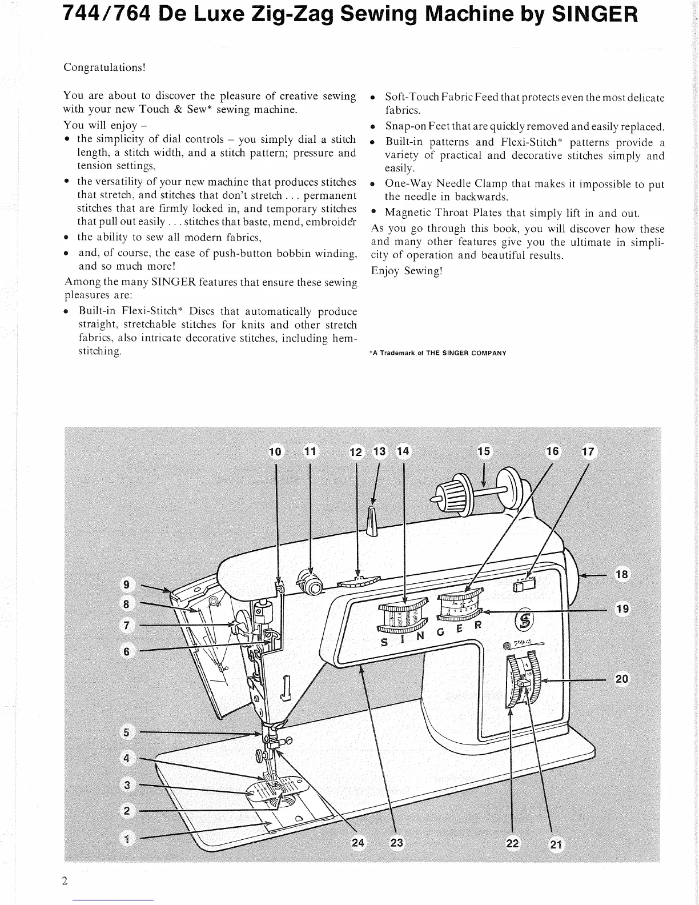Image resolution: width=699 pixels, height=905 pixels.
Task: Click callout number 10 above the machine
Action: pos(275,452)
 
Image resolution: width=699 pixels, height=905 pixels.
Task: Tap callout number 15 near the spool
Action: pos(483,451)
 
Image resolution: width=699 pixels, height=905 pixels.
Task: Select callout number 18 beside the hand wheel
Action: pos(622,574)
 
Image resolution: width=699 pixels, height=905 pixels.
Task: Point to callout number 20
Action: pos(622,679)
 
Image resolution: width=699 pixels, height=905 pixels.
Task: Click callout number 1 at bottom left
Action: pos(127,838)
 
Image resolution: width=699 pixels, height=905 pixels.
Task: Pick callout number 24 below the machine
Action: pos(357,843)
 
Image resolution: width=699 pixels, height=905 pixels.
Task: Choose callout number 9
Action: pos(127,584)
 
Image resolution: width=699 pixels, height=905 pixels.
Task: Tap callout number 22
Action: pos(513,843)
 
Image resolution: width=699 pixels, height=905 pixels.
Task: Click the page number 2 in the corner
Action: pos(65,880)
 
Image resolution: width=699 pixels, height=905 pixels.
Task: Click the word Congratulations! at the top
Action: pos(105,67)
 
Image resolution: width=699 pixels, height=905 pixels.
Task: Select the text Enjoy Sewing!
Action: pos(407,271)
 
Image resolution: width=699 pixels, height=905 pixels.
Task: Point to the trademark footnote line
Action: pos(439,353)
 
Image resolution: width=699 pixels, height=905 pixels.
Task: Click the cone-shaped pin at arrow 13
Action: pos(372,521)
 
